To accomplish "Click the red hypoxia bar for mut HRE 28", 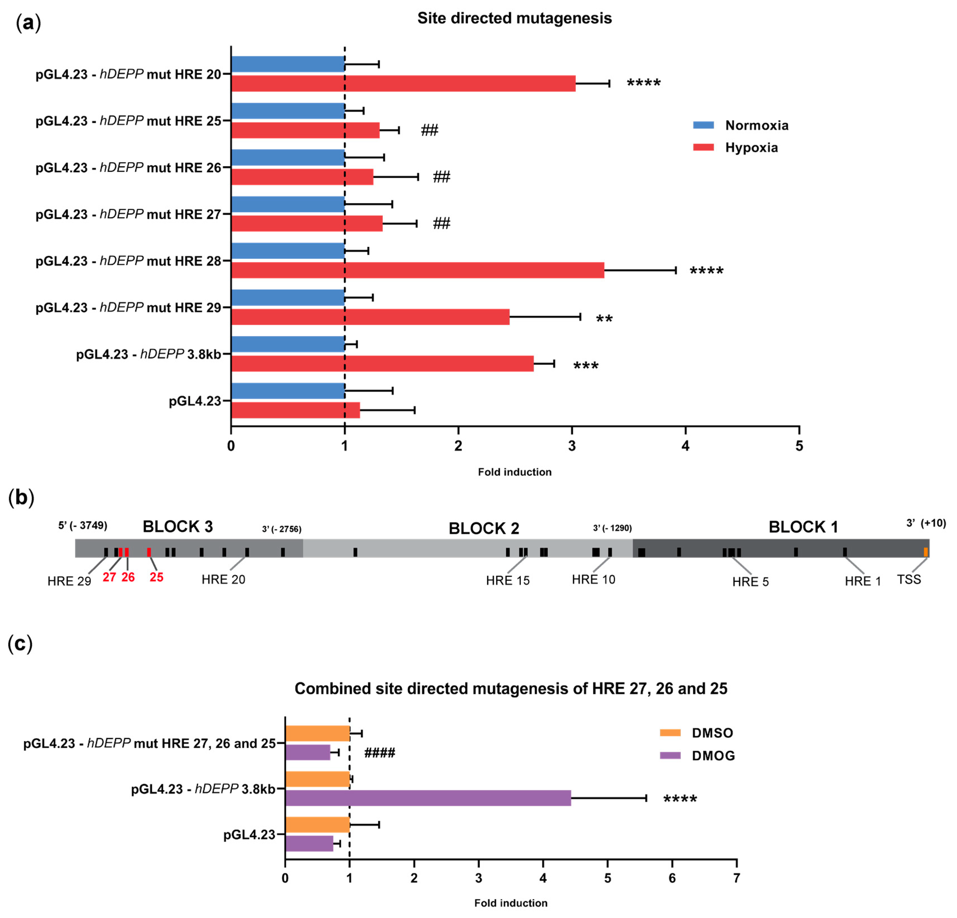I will point(417,270).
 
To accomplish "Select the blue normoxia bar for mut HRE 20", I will point(288,64).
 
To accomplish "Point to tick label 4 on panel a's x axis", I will point(685,446).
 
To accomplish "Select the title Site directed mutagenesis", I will point(514,18).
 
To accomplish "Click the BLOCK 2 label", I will point(483,528).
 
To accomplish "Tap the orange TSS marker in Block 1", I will point(925,552).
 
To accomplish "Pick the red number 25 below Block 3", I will point(156,577).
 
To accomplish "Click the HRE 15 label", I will point(507,580).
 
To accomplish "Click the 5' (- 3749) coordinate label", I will point(82,525).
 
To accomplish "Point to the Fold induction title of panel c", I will point(510,903).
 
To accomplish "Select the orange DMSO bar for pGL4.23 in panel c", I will point(317,825).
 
